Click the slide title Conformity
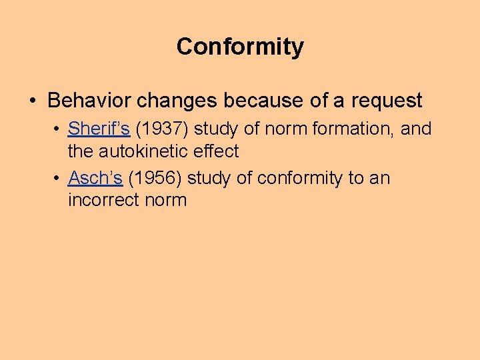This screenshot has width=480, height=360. pos(240,47)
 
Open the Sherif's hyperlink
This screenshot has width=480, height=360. pos(99,129)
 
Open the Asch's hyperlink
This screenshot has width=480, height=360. pos(95,178)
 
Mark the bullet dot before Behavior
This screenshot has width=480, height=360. pos(33,101)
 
